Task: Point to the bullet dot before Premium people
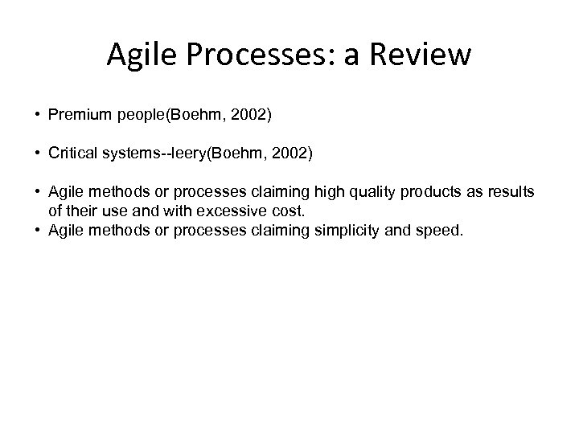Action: coord(38,116)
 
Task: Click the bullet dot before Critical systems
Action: coord(38,153)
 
